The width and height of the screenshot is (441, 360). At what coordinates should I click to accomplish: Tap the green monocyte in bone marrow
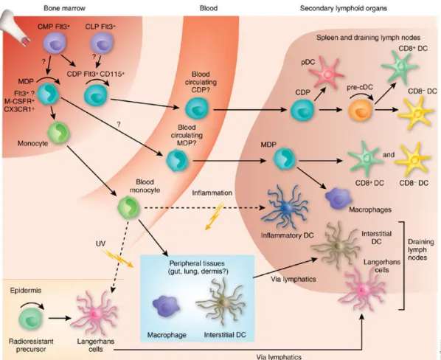click(58, 133)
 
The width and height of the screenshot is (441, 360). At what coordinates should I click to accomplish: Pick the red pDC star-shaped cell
click(326, 75)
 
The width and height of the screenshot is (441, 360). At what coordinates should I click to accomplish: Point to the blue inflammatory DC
click(285, 207)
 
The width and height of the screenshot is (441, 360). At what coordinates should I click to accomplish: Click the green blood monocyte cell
click(128, 207)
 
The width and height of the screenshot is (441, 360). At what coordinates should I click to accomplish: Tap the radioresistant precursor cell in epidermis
click(30, 319)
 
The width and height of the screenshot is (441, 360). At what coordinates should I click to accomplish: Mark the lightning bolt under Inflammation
click(214, 215)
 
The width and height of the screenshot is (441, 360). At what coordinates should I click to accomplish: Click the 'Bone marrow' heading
click(64, 8)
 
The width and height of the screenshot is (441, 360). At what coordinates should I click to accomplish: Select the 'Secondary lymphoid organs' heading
click(344, 8)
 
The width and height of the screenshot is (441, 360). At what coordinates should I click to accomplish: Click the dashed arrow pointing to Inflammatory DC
click(204, 208)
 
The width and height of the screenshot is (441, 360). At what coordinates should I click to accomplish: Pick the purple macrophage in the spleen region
click(338, 199)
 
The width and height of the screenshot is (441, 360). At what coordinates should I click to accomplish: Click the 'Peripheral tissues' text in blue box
click(197, 263)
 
